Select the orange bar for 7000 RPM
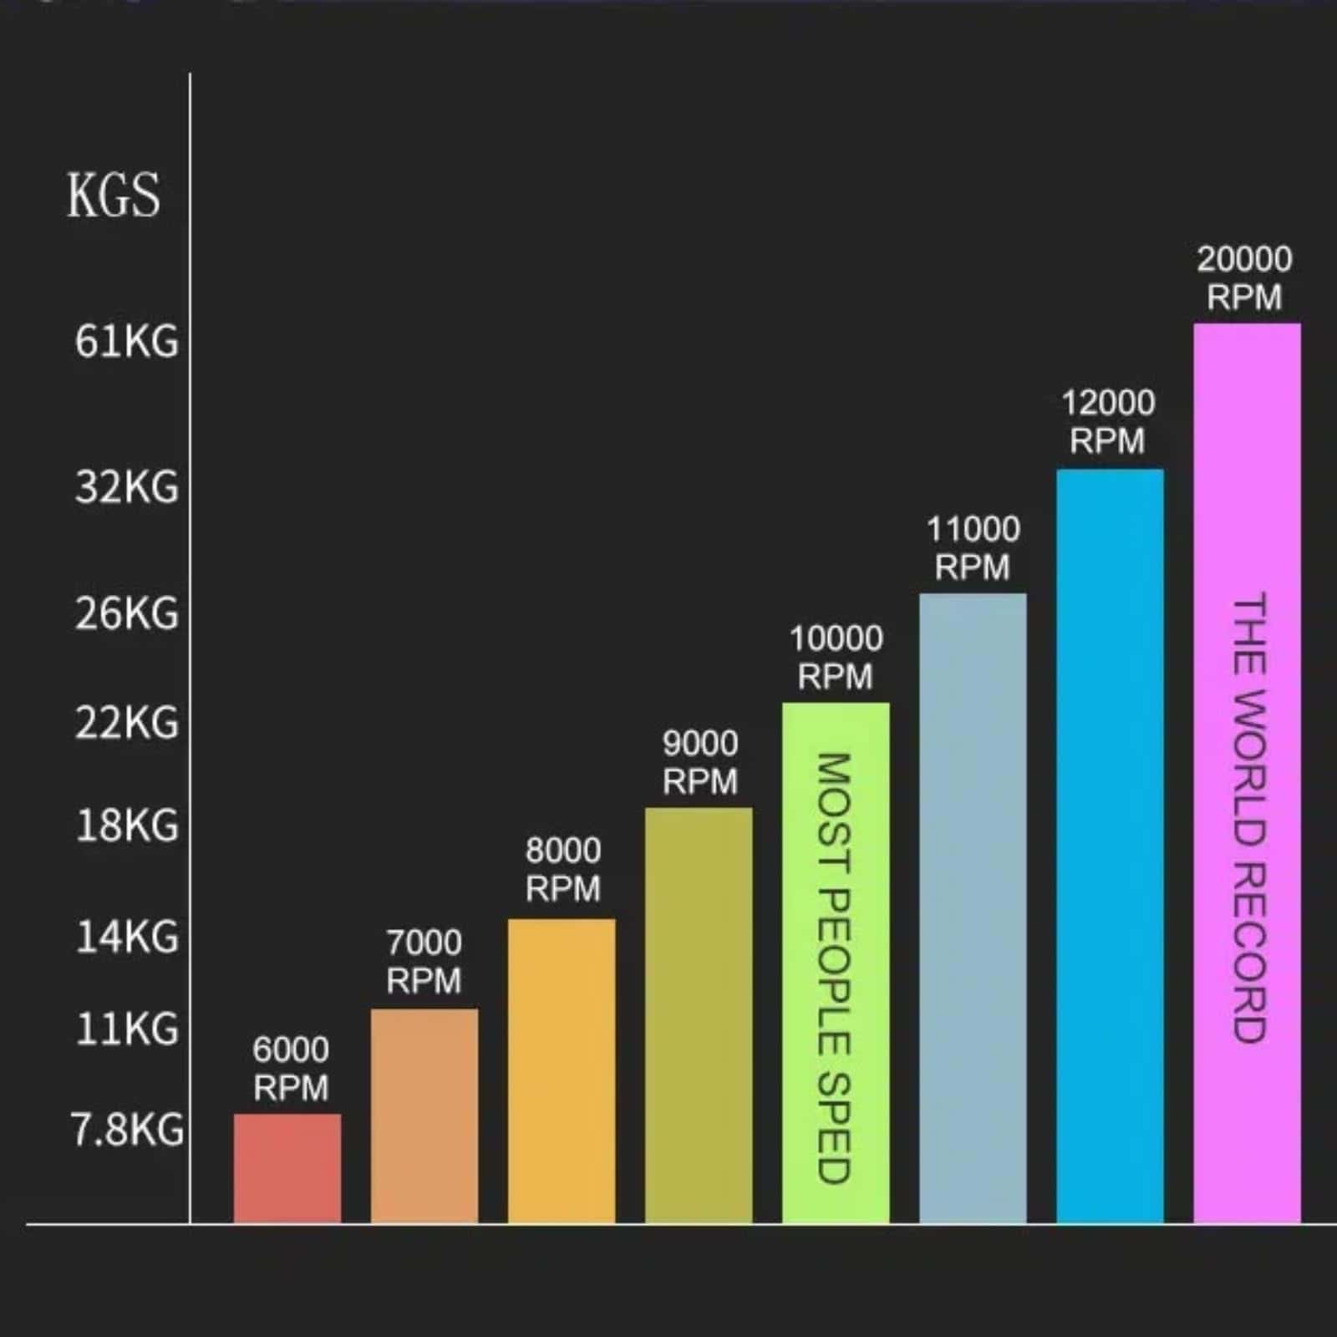(x=424, y=1116)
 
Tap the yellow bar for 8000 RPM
(x=562, y=1070)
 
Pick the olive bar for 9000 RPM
(x=699, y=1014)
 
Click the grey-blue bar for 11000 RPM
(x=973, y=907)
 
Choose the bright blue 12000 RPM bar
(x=1110, y=845)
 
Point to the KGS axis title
(x=114, y=196)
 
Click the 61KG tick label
(x=127, y=342)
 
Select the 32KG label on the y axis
(x=127, y=487)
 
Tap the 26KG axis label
(x=127, y=614)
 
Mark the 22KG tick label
(x=127, y=723)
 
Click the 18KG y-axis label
(x=127, y=826)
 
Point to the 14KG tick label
(x=127, y=937)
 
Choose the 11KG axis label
(x=127, y=1029)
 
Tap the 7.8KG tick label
(x=127, y=1130)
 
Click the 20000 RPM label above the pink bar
(x=1244, y=278)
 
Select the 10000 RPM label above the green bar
(x=836, y=658)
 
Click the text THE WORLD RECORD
(x=1249, y=817)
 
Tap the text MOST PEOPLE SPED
(x=833, y=968)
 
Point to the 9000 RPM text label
(x=700, y=762)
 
